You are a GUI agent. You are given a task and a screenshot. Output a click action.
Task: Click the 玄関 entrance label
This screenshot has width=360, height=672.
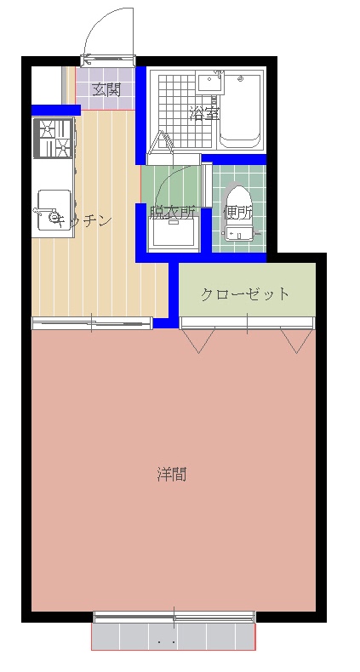coord(106,90)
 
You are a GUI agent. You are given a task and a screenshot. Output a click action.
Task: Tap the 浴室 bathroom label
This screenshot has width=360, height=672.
coord(205,114)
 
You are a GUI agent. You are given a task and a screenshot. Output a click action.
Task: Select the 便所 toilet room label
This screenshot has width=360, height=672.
coord(237,213)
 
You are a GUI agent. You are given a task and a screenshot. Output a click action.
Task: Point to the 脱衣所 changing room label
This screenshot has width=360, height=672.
coord(173,212)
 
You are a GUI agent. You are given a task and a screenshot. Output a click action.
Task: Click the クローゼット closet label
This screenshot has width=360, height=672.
coord(245,294)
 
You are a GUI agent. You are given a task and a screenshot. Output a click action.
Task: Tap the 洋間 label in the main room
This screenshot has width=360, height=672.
coord(171,475)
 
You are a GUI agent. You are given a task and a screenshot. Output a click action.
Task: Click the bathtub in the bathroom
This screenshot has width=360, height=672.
coord(240,111)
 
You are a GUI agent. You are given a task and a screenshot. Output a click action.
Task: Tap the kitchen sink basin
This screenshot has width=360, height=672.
coord(54,210)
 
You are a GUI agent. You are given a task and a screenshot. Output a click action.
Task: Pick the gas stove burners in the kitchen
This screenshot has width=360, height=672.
coord(54,139)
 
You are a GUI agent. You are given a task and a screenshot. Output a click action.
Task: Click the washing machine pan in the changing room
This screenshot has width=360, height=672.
coord(174,232)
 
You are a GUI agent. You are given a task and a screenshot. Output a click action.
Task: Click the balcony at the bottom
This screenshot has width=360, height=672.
coord(174,637)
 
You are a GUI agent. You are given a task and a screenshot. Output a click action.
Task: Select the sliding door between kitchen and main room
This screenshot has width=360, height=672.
coord(92,322)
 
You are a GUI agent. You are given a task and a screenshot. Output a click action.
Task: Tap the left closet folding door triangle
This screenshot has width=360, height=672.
coord(198,341)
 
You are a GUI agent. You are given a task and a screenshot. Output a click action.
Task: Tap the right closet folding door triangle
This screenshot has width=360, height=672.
coord(296,341)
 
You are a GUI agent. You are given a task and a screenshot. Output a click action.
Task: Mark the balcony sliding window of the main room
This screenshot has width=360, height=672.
coord(174,618)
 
